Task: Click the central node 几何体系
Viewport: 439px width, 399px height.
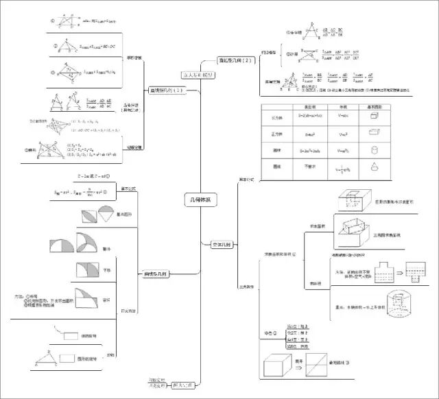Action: click(x=200, y=199)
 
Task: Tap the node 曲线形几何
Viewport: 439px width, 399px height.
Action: click(x=156, y=274)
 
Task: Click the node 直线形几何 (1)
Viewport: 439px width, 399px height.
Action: click(x=167, y=90)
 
